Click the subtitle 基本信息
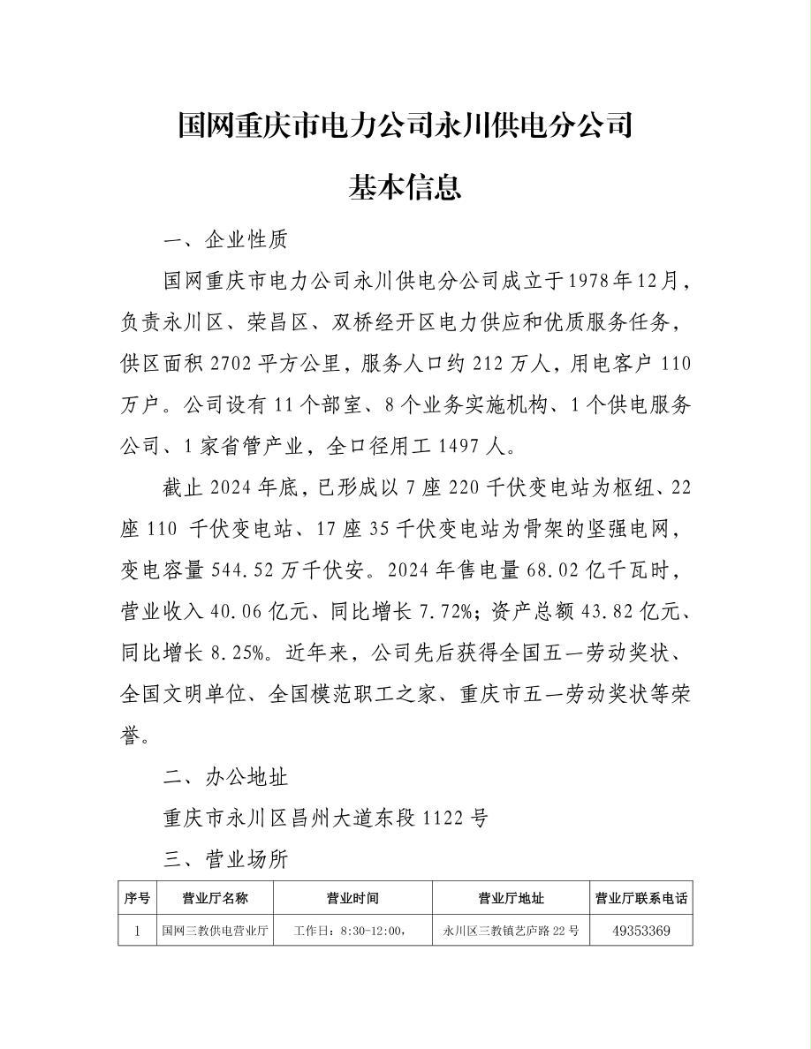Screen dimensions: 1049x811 [405, 187]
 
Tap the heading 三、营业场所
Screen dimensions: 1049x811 [226, 859]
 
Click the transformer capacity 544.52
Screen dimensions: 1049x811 [245, 571]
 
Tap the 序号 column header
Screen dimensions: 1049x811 [136, 899]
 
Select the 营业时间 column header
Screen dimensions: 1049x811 [352, 899]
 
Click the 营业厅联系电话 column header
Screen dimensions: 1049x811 [641, 899]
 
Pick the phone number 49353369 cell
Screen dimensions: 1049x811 [641, 931]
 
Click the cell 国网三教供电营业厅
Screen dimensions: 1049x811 [215, 931]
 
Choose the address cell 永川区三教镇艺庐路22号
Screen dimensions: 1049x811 [512, 931]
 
